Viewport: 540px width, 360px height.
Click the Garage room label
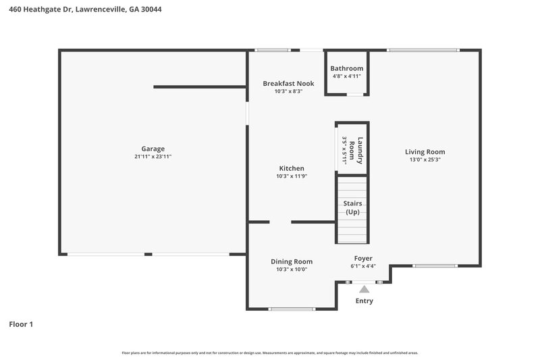(x=153, y=149)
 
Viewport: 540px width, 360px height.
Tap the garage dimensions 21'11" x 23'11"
(x=153, y=157)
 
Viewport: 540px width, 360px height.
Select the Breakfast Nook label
(x=288, y=84)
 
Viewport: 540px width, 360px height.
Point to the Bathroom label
(x=346, y=68)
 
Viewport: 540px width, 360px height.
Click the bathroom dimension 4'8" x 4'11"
(x=347, y=76)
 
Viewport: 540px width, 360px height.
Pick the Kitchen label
(x=292, y=168)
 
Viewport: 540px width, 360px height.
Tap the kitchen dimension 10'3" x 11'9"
(x=292, y=176)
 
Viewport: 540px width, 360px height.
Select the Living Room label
(x=425, y=152)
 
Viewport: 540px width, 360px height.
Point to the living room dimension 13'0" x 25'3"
(x=425, y=160)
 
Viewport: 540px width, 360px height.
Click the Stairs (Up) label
(x=352, y=207)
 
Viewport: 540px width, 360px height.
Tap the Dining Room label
(x=292, y=261)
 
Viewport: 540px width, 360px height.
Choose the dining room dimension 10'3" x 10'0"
(x=292, y=269)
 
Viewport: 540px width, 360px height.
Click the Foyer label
(x=363, y=258)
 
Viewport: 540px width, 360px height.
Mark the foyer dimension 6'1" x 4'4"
(x=363, y=266)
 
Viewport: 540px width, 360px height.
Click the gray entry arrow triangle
(x=364, y=289)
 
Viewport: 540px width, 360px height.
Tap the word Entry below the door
(x=364, y=301)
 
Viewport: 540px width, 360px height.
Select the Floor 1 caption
(x=21, y=324)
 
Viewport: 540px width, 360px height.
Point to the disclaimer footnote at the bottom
(x=269, y=353)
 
